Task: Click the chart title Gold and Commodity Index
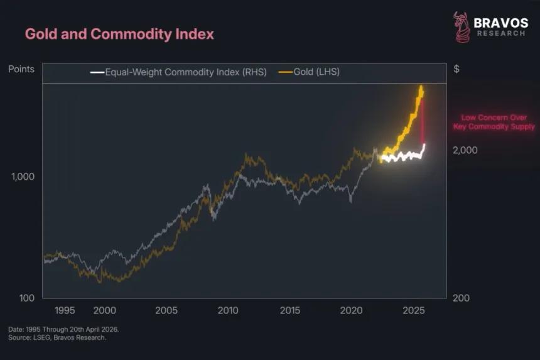[x=119, y=34]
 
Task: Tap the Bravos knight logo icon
[x=461, y=27]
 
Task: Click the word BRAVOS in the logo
[x=500, y=23]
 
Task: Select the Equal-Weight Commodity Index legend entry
[x=179, y=72]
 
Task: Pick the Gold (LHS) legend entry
[x=310, y=72]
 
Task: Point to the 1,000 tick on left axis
[x=23, y=177]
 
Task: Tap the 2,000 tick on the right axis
[x=465, y=150]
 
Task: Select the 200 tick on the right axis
[x=461, y=298]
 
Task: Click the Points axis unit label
[x=21, y=69]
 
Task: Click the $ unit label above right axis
[x=456, y=69]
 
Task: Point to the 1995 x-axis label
[x=65, y=310]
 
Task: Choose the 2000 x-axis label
[x=104, y=310]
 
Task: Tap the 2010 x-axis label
[x=228, y=310]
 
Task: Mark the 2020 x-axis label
[x=352, y=310]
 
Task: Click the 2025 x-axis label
[x=414, y=310]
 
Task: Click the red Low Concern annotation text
[x=494, y=122]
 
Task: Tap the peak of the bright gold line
[x=421, y=87]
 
